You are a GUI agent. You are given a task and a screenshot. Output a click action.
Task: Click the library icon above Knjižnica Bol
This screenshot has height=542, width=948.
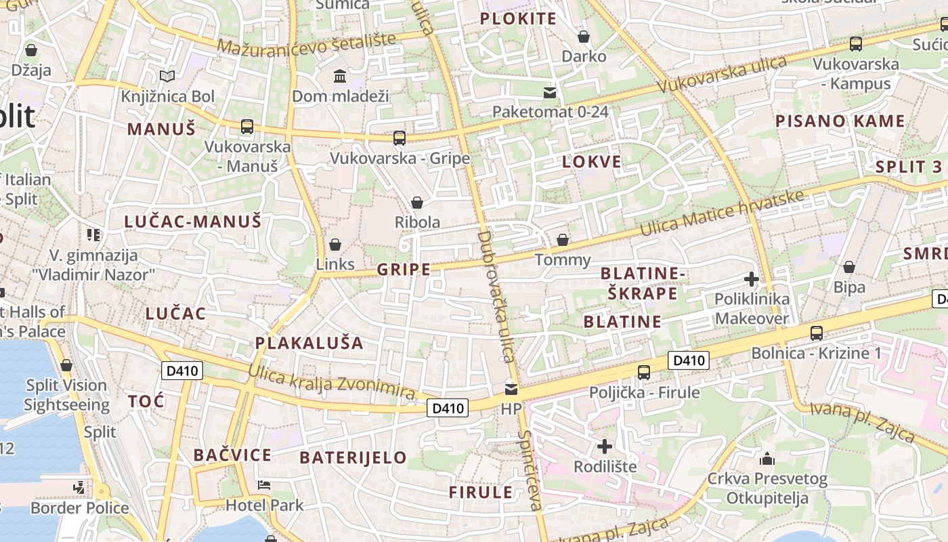click(x=167, y=76)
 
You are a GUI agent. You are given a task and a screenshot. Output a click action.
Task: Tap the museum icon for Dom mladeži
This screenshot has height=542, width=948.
click(x=340, y=76)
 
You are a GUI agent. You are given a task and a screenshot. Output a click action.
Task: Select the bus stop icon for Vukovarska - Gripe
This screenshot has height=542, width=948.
click(x=400, y=138)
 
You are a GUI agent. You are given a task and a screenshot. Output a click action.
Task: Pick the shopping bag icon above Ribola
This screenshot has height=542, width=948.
click(x=417, y=203)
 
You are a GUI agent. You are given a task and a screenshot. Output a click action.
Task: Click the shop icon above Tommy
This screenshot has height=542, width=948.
click(x=562, y=240)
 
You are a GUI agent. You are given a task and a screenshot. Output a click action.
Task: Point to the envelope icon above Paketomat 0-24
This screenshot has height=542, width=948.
click(x=550, y=92)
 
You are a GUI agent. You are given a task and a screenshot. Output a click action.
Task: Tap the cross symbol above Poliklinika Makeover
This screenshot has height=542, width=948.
click(x=751, y=278)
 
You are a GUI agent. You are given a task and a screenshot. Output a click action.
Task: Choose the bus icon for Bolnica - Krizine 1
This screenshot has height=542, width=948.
click(x=817, y=333)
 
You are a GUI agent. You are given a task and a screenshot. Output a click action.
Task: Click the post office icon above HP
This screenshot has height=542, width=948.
click(x=511, y=389)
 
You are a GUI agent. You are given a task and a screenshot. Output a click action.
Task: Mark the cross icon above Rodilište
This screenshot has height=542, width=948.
click(x=605, y=446)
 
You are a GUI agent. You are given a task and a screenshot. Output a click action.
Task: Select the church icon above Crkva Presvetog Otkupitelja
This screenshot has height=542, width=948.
click(x=767, y=459)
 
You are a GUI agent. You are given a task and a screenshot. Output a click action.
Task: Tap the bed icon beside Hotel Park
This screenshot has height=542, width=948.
click(x=264, y=485)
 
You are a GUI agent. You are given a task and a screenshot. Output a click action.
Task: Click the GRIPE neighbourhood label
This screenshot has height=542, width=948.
click(x=404, y=270)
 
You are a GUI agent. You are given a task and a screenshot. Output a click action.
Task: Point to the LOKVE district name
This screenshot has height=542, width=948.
click(x=592, y=161)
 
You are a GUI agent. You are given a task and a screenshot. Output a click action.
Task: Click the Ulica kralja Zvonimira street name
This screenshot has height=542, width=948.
click(x=331, y=382)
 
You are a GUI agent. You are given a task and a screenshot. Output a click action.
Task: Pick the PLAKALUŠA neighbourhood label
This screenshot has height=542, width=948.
click(x=309, y=343)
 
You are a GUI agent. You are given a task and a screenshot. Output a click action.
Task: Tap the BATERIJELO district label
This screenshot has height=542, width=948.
click(x=353, y=457)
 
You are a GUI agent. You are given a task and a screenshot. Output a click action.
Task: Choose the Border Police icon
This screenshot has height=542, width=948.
click(x=79, y=487)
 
